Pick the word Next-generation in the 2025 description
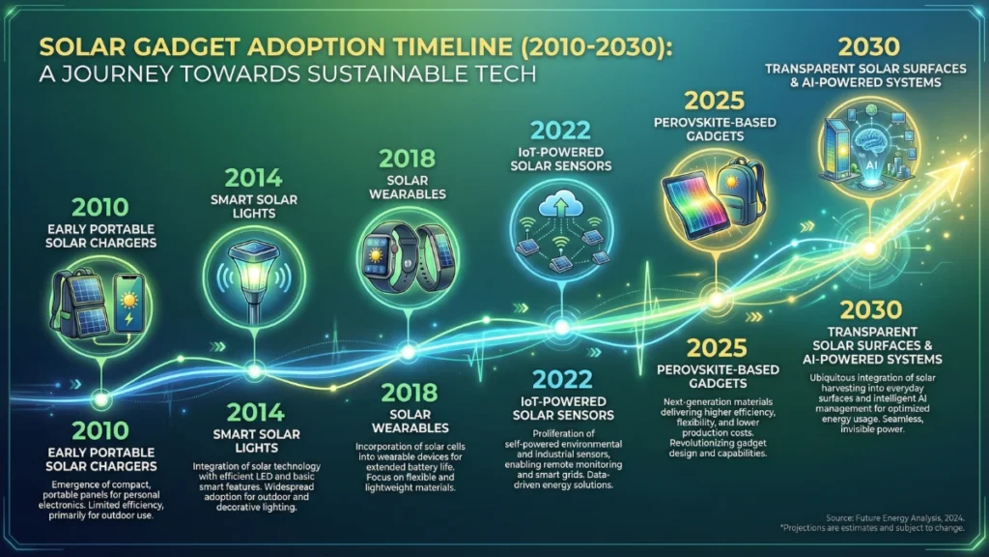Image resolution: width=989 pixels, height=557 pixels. [685, 401]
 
